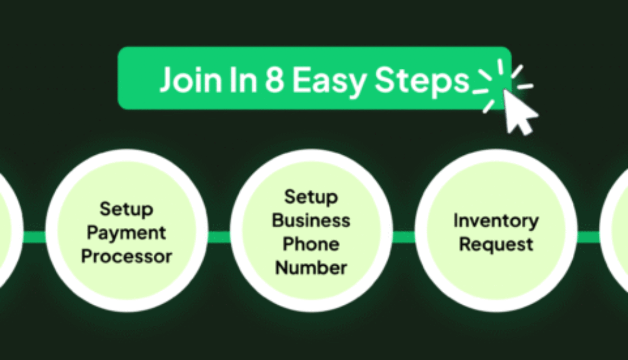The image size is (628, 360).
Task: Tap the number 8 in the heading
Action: click(275, 80)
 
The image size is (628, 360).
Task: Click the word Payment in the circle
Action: click(126, 233)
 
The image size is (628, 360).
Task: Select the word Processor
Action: click(126, 256)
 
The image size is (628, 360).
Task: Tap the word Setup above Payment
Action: click(126, 209)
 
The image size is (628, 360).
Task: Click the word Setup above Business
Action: click(311, 197)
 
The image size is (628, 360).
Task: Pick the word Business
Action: click(311, 220)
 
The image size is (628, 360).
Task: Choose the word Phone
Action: click(311, 244)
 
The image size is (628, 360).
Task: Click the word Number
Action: click(311, 267)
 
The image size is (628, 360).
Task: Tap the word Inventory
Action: click(496, 220)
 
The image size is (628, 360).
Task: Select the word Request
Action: click(496, 244)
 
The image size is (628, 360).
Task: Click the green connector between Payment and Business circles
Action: click(219, 237)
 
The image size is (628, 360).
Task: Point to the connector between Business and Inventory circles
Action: click(403, 237)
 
